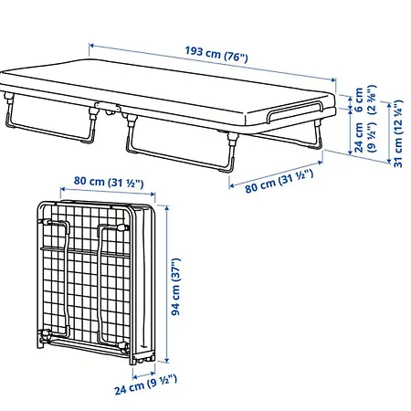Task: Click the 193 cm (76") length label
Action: click(216, 54)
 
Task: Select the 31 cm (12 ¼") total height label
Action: click(398, 133)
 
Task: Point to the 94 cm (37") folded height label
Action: click(176, 287)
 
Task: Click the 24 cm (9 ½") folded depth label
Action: click(145, 385)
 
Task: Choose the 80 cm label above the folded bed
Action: click(109, 182)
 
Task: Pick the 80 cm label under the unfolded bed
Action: click(279, 181)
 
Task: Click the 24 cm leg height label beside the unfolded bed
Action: click(364, 137)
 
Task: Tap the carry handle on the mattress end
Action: click(294, 111)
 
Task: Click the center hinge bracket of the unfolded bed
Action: click(107, 108)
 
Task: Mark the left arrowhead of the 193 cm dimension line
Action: click(91, 46)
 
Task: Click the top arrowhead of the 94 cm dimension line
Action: click(166, 209)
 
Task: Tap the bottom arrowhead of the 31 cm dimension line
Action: click(389, 161)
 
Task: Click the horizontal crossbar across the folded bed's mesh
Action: click(86, 252)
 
